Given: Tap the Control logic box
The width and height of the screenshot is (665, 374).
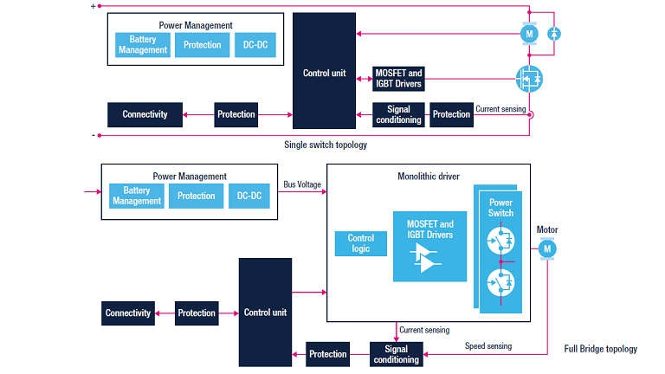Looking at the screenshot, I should pos(360,243).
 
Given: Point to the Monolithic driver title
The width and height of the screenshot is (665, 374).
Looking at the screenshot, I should pos(429,176).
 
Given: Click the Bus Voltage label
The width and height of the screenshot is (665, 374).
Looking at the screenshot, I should pos(303,184).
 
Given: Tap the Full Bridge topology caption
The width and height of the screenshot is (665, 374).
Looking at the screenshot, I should pos(600,349).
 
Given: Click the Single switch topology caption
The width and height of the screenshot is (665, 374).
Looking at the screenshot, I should pos(325,145).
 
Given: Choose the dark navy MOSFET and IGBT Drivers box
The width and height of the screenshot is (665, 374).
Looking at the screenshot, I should pos(397,79).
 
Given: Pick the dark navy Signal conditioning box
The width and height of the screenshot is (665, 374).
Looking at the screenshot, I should pos(398,114).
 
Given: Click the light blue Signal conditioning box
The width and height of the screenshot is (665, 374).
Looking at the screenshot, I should pos(396,353).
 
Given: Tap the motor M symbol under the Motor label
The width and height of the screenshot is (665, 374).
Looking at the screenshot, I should pos(547,249).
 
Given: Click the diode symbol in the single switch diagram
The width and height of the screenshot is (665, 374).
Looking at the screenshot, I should pos(556,33).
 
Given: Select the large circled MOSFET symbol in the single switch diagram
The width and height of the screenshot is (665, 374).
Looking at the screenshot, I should pos(529,79).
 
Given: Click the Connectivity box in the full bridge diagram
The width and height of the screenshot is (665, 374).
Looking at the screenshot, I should pos(128,313).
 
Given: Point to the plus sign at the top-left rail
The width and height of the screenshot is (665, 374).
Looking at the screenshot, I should pos(94,6).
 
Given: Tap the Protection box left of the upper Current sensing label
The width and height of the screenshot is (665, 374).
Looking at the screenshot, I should pos(451,114).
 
